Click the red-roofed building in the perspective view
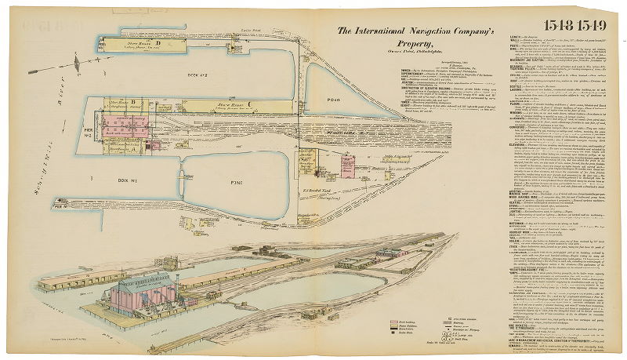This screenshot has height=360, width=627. point(390,253)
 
